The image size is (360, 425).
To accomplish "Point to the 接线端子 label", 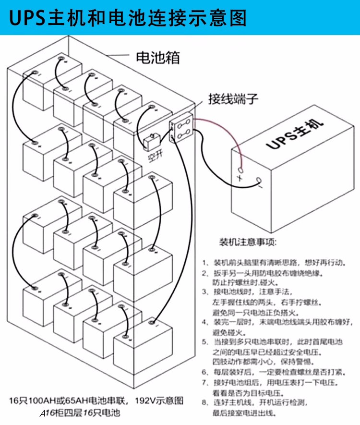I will [x=233, y=99].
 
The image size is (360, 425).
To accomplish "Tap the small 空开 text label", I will [x=155, y=157].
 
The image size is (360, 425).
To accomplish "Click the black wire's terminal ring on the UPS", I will [x=259, y=181].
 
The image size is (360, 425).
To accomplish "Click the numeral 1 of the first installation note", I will [x=204, y=263].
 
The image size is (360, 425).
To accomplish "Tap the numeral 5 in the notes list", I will [x=204, y=342].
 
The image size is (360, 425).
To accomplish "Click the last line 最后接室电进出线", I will [x=244, y=413].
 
